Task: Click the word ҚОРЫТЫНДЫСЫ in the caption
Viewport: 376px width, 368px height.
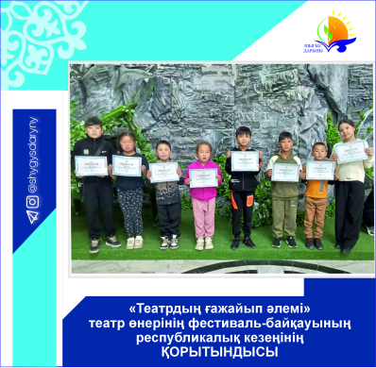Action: pos(214,351)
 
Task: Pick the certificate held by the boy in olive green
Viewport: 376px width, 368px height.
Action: pos(285,171)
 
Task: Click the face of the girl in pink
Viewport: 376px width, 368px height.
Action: pos(202,151)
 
